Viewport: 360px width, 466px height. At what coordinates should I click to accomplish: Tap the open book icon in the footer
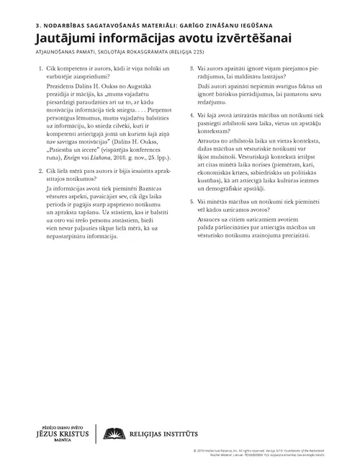pos(112,432)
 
